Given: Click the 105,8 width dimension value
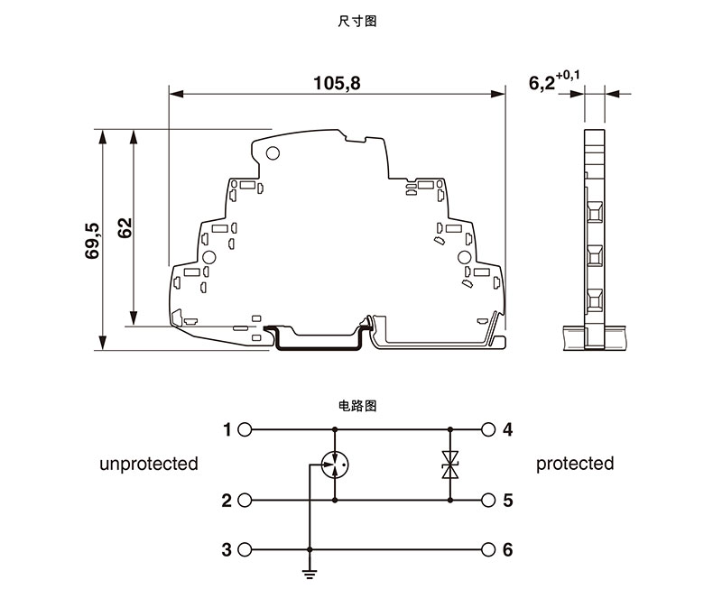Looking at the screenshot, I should click(x=336, y=84).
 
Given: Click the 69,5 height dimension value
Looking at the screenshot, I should click(x=93, y=241).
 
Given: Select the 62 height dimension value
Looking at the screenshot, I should click(x=125, y=227).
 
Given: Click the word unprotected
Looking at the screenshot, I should click(x=149, y=464).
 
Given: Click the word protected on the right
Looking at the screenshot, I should click(x=575, y=464).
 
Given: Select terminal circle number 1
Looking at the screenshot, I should click(x=245, y=429).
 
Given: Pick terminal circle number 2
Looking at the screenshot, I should click(x=245, y=500).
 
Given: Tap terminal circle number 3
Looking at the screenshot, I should click(x=245, y=549).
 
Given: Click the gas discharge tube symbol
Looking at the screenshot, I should click(x=335, y=465).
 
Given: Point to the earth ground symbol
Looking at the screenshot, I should click(x=310, y=571).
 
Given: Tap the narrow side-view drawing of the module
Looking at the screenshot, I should click(x=594, y=239).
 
